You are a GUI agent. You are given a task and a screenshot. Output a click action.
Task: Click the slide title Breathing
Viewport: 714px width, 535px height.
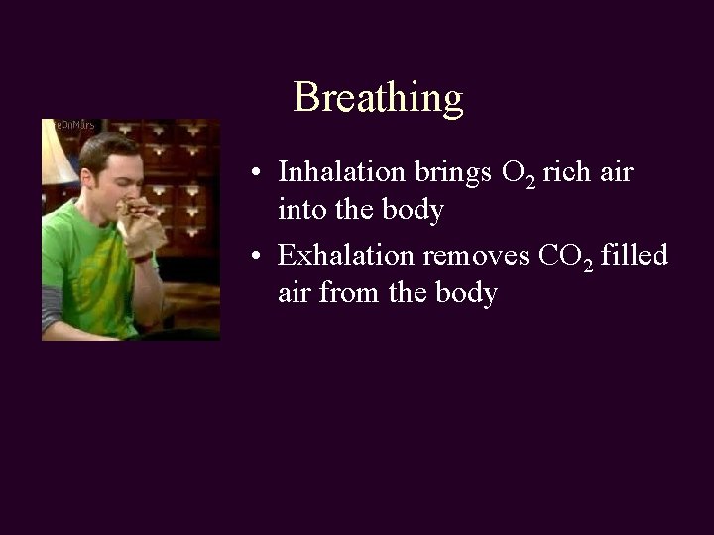tap(378, 98)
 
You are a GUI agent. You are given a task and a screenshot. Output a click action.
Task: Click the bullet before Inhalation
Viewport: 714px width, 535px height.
tap(256, 173)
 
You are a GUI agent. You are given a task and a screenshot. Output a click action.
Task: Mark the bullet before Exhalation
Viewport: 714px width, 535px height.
tap(256, 257)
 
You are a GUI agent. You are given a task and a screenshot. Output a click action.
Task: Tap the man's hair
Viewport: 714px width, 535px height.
tap(109, 149)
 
